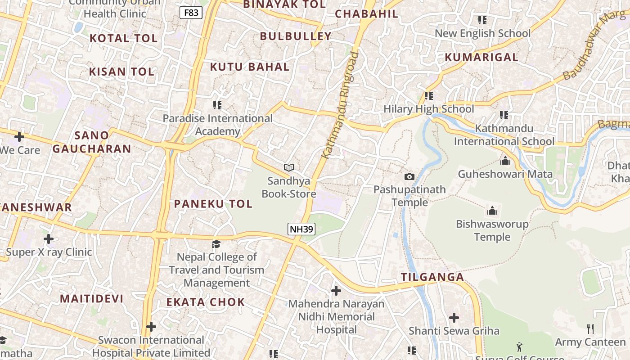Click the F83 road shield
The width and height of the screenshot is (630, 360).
191,13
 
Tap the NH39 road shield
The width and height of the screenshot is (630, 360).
301,229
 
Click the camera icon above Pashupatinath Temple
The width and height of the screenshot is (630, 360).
409,176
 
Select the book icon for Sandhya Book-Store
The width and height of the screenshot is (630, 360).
289,167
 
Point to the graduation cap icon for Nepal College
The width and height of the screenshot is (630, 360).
216,244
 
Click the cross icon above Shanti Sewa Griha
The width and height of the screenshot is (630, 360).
454,318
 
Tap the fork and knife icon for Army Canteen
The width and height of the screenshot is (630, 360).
590,329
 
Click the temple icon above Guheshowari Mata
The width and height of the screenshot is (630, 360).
505,161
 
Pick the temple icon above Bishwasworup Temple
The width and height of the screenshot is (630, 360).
492,211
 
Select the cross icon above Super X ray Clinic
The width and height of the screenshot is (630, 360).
49,239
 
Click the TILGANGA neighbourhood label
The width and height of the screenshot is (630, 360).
432,277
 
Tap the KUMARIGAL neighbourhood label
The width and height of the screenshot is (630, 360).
481,58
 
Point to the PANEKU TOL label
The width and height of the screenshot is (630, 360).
213,204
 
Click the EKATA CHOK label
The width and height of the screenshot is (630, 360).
206,302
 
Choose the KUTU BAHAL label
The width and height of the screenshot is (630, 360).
250,67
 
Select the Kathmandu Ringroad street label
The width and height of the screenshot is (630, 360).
341,105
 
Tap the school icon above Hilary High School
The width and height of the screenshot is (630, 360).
429,96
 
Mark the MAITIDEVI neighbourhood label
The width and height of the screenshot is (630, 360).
92,299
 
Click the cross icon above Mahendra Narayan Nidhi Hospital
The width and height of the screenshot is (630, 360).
336,291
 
